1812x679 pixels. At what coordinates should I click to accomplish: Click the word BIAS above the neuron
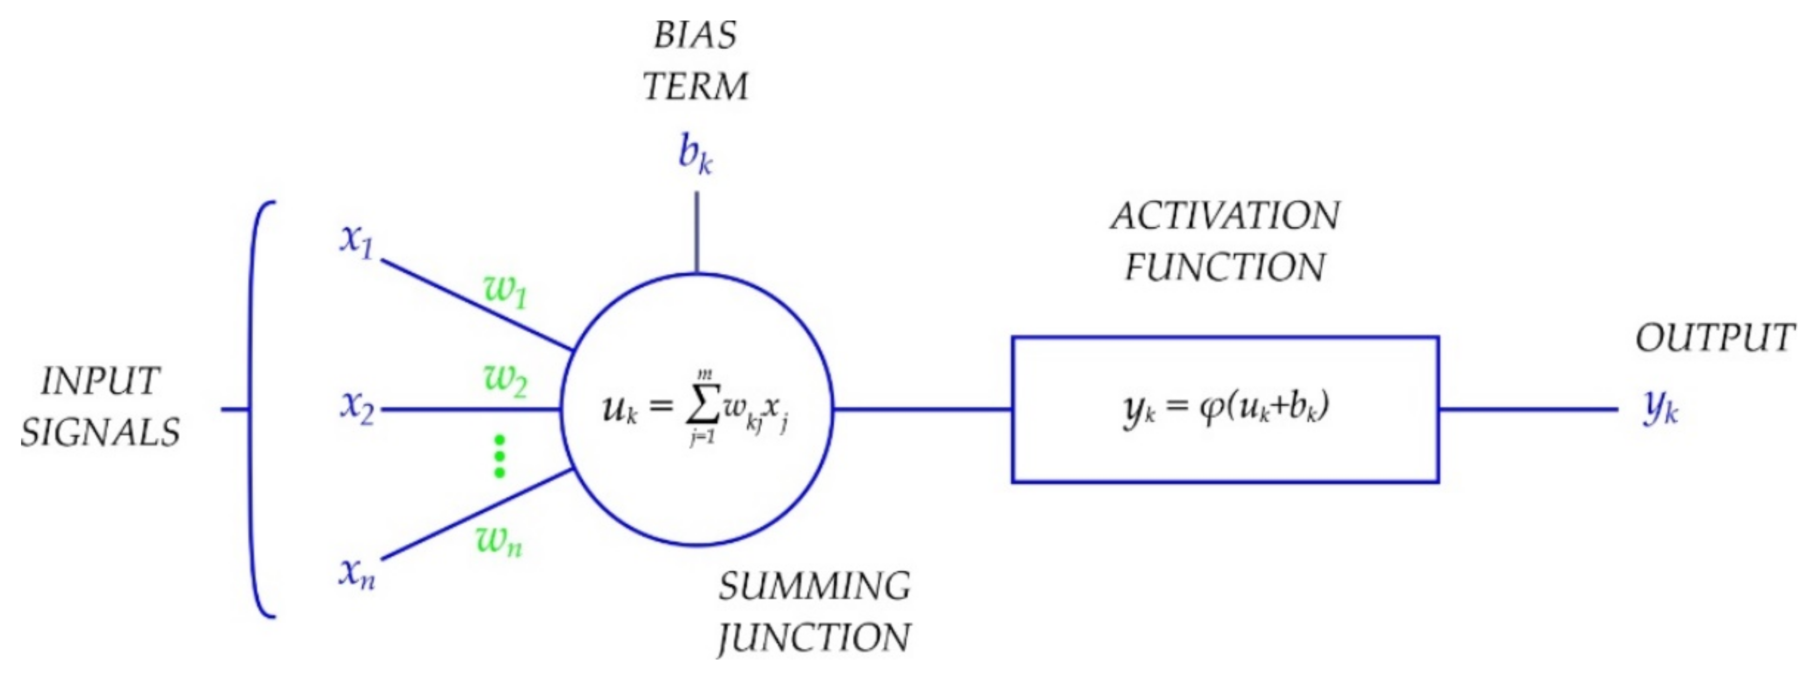click(x=695, y=35)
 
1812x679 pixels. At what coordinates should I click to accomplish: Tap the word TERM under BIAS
click(x=695, y=87)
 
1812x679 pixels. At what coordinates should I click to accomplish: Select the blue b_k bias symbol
click(x=695, y=154)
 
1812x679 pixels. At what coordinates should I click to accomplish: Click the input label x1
click(x=357, y=241)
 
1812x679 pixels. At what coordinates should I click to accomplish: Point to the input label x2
click(x=357, y=407)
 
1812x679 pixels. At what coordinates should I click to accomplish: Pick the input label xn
click(x=357, y=573)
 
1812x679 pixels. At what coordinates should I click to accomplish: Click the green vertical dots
click(x=499, y=457)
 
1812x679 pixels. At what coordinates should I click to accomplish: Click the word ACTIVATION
click(x=1224, y=216)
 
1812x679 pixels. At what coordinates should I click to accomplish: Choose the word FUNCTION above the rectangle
click(x=1224, y=268)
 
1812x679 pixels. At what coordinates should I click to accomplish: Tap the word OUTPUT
click(x=1714, y=339)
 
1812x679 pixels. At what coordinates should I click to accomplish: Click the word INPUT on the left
click(x=100, y=382)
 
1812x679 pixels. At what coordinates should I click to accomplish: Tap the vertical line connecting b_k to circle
click(x=696, y=232)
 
